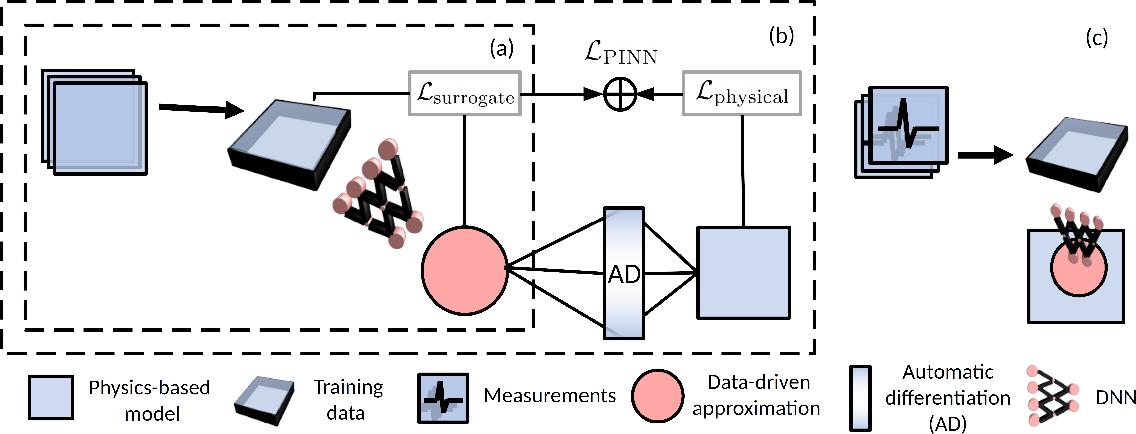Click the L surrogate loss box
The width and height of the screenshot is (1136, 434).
(x=465, y=94)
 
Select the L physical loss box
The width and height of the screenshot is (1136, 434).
(x=742, y=94)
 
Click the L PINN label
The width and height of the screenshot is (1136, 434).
(x=621, y=53)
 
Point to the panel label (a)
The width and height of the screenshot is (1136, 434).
(x=501, y=48)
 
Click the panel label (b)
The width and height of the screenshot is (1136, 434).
(x=781, y=36)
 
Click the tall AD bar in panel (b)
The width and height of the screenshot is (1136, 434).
(x=624, y=274)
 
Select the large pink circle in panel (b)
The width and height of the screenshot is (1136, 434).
(x=465, y=270)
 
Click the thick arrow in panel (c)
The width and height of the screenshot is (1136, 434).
(x=986, y=155)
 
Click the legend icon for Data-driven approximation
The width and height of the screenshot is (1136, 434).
(x=657, y=396)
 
